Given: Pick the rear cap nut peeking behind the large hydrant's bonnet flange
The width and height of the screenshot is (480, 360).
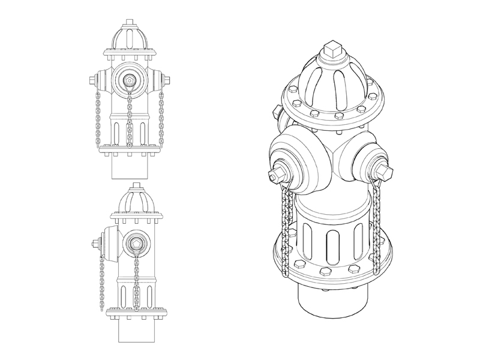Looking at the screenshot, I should coord(276,110).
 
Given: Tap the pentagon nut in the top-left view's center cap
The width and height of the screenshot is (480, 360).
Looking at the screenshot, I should coord(129,79).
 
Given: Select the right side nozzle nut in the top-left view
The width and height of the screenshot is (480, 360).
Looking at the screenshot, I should coord(168,80).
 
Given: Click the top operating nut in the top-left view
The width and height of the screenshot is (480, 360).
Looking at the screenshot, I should coord(130,23).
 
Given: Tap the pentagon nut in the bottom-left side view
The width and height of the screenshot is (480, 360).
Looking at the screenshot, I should coord(136,243).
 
